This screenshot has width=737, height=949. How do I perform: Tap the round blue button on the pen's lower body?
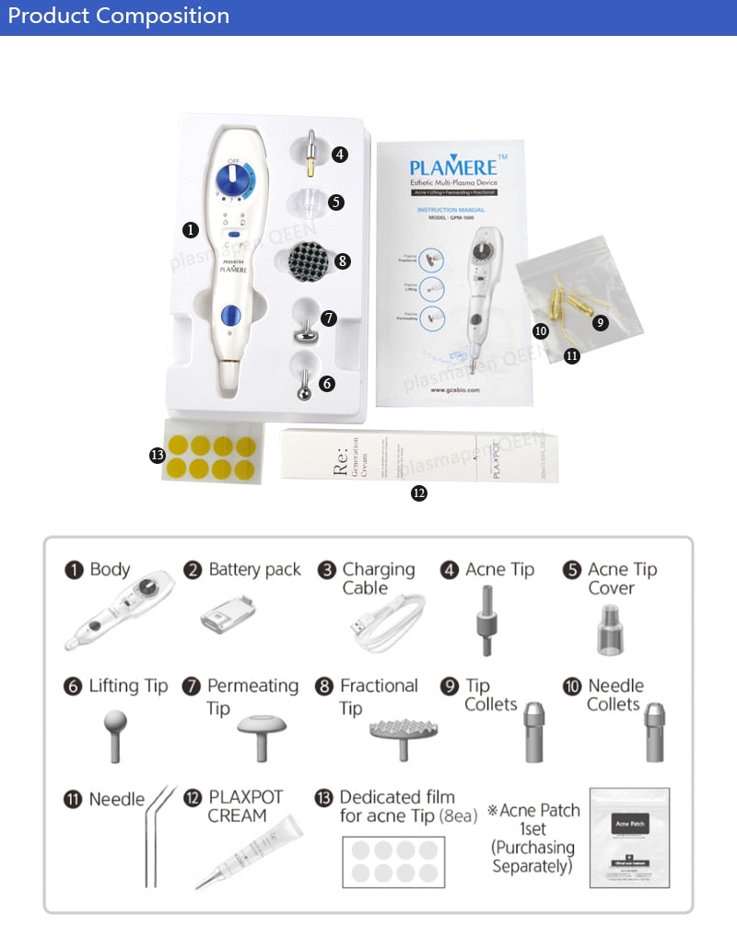(x=229, y=318)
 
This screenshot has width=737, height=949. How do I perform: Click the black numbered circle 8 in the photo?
(x=343, y=261)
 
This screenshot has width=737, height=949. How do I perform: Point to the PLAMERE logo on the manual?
(x=451, y=169)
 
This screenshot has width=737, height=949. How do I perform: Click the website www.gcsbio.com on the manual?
(x=455, y=389)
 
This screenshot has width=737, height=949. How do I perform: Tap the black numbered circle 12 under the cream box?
(x=419, y=493)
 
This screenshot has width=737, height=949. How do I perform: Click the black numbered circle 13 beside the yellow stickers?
(x=157, y=455)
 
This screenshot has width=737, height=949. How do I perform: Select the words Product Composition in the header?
(x=119, y=16)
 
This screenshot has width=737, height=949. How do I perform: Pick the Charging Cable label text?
(x=378, y=578)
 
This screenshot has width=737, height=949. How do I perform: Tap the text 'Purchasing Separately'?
(x=533, y=856)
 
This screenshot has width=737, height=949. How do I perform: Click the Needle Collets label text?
(x=615, y=695)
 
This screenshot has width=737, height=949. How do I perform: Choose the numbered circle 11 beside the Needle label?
(x=73, y=799)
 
